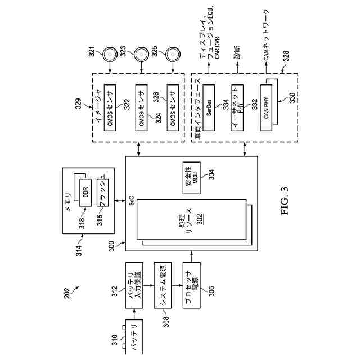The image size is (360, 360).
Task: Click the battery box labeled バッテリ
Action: coord(134,336)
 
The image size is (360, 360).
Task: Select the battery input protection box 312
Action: coord(134,285)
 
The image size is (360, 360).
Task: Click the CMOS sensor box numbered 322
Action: coord(110,107)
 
